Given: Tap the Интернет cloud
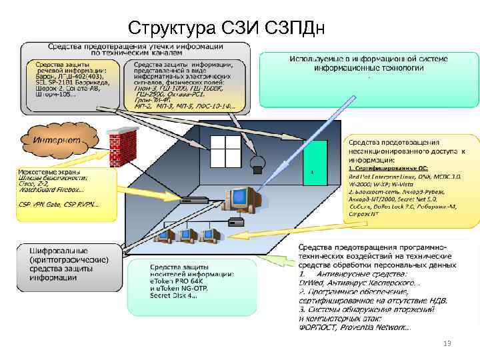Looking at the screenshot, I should (58, 140).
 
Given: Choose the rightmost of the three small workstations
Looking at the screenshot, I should (211, 234).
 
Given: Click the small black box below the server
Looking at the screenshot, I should (236, 221).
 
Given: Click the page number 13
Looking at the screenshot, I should (447, 343).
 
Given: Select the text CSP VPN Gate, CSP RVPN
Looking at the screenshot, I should (57, 204).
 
